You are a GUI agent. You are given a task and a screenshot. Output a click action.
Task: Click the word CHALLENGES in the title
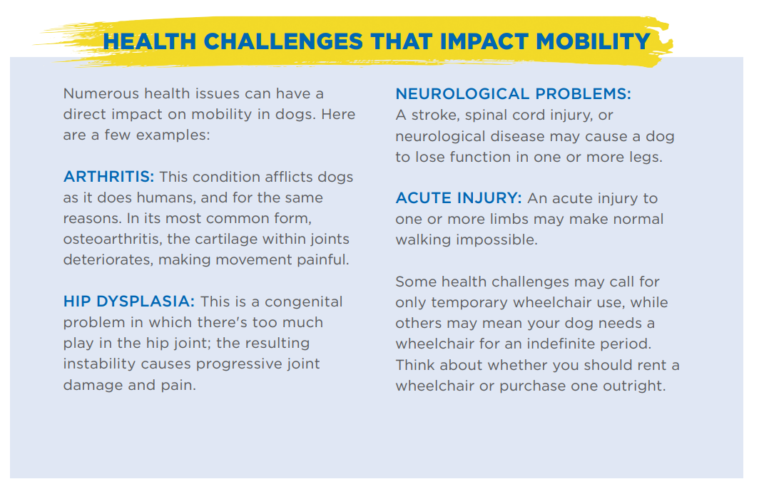(282, 41)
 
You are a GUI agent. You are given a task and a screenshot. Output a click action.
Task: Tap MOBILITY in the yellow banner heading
(593, 41)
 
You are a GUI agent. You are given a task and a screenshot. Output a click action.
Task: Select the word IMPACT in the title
(484, 41)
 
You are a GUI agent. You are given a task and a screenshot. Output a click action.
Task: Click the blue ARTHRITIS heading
(108, 177)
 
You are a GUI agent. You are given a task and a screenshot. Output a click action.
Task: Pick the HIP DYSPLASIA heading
(128, 302)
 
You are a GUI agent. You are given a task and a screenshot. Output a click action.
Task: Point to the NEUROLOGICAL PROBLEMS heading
(513, 93)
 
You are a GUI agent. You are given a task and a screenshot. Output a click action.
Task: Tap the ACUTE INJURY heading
(459, 197)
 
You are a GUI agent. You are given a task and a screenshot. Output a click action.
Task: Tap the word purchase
(532, 386)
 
